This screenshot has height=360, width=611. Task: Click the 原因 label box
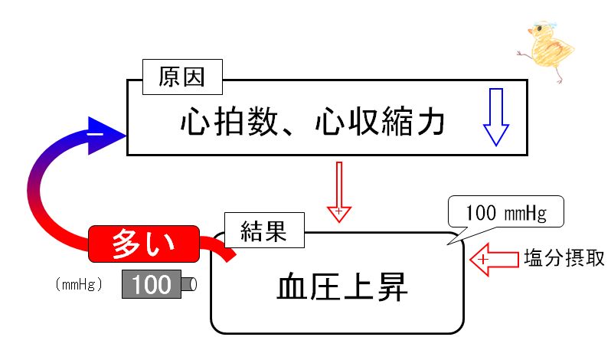pos(182,77)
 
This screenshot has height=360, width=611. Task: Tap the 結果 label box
pos(264,230)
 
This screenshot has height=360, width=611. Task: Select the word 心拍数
pos(229,122)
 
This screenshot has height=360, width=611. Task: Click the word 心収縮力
pos(380,122)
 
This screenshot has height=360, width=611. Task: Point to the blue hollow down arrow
pos(495,117)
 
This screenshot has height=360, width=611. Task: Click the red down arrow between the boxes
pos(339,192)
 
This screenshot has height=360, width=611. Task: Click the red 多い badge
pos(144,244)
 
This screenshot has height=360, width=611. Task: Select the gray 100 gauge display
pos(152,284)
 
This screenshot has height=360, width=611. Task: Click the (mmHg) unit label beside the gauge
pos(79,284)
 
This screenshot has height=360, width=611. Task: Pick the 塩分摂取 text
pos(564,258)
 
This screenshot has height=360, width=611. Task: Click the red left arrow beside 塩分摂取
pos(494,259)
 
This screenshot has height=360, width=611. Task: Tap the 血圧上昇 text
pos(342,287)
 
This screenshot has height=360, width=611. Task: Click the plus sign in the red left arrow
pos(483,259)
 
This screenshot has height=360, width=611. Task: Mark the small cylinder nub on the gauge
pos(189,284)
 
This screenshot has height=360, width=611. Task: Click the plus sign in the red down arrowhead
pos(339,211)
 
